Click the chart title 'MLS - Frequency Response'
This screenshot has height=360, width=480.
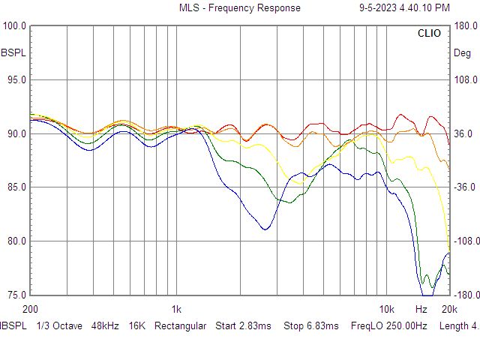tap(240, 7)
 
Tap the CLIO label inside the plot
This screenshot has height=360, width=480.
tap(429, 33)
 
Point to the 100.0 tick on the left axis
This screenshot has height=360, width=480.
tap(14, 25)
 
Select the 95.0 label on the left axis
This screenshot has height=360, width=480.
tap(16, 80)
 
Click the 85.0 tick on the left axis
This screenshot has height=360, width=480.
tap(16, 187)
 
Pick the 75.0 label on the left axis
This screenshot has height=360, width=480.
tap(16, 295)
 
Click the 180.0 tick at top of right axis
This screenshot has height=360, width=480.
tap(466, 25)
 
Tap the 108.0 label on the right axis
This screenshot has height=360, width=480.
tap(466, 80)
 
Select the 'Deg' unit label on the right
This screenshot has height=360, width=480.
tap(462, 53)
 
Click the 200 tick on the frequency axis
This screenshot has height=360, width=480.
tap(30, 309)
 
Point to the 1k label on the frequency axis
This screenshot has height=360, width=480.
tap(176, 309)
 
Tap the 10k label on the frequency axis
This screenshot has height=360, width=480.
tap(387, 309)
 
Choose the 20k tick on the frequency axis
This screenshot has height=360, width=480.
tap(449, 309)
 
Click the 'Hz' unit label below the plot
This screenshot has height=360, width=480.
tap(421, 309)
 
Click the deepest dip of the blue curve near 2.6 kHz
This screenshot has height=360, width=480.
tap(265, 229)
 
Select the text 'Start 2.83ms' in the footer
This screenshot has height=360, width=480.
tap(243, 325)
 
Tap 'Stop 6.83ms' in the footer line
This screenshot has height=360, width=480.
tap(311, 325)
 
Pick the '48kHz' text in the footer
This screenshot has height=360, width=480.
tap(105, 325)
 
